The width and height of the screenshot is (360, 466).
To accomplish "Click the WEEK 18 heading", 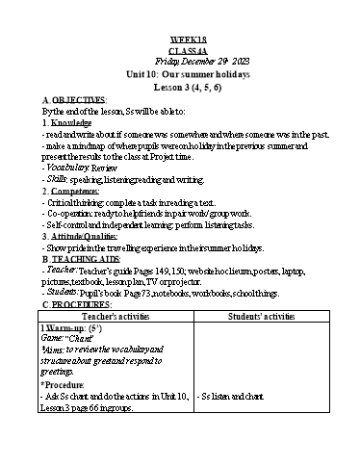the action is tap(180, 39).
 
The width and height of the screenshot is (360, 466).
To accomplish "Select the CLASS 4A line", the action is tap(180, 50).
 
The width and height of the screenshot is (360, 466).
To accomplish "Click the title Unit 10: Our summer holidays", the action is tap(180, 73).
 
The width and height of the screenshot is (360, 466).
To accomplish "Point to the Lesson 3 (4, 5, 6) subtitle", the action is tap(180, 87).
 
